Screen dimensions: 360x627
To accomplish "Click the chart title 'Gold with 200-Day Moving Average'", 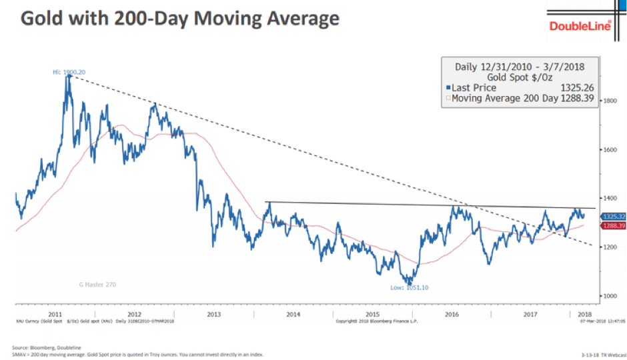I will [179, 18].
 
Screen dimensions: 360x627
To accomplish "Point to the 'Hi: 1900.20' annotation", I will [69, 71].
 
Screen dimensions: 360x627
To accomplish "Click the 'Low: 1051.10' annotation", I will [410, 288].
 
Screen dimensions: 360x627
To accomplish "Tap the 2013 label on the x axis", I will [214, 313].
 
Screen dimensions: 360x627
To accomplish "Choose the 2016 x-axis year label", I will [452, 313].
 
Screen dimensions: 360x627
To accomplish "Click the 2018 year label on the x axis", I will [585, 313].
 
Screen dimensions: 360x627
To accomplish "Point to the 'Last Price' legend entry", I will [473, 87].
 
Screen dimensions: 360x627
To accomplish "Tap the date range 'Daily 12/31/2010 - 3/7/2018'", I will [519, 67].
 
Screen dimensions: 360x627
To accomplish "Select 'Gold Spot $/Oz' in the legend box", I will [519, 77].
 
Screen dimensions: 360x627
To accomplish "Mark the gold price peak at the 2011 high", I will [68, 77].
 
